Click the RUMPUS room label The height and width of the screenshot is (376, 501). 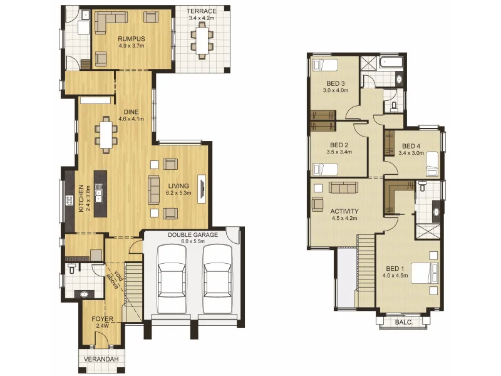pos(132,38)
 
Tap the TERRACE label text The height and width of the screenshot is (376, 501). pos(202,11)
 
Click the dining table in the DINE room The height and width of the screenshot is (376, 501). pos(106,135)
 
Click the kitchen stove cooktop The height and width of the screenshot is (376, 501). pos(69,201)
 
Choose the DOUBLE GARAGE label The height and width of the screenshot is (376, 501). pos(192,235)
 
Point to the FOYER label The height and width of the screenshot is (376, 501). pos(103,318)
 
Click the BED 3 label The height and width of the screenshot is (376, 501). pos(335,83)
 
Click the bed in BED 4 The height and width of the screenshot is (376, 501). pos(430,164)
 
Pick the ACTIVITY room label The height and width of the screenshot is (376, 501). pos(343,211)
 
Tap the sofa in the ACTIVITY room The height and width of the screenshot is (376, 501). pos(343,187)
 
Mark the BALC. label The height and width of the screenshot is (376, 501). pos(404,322)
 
